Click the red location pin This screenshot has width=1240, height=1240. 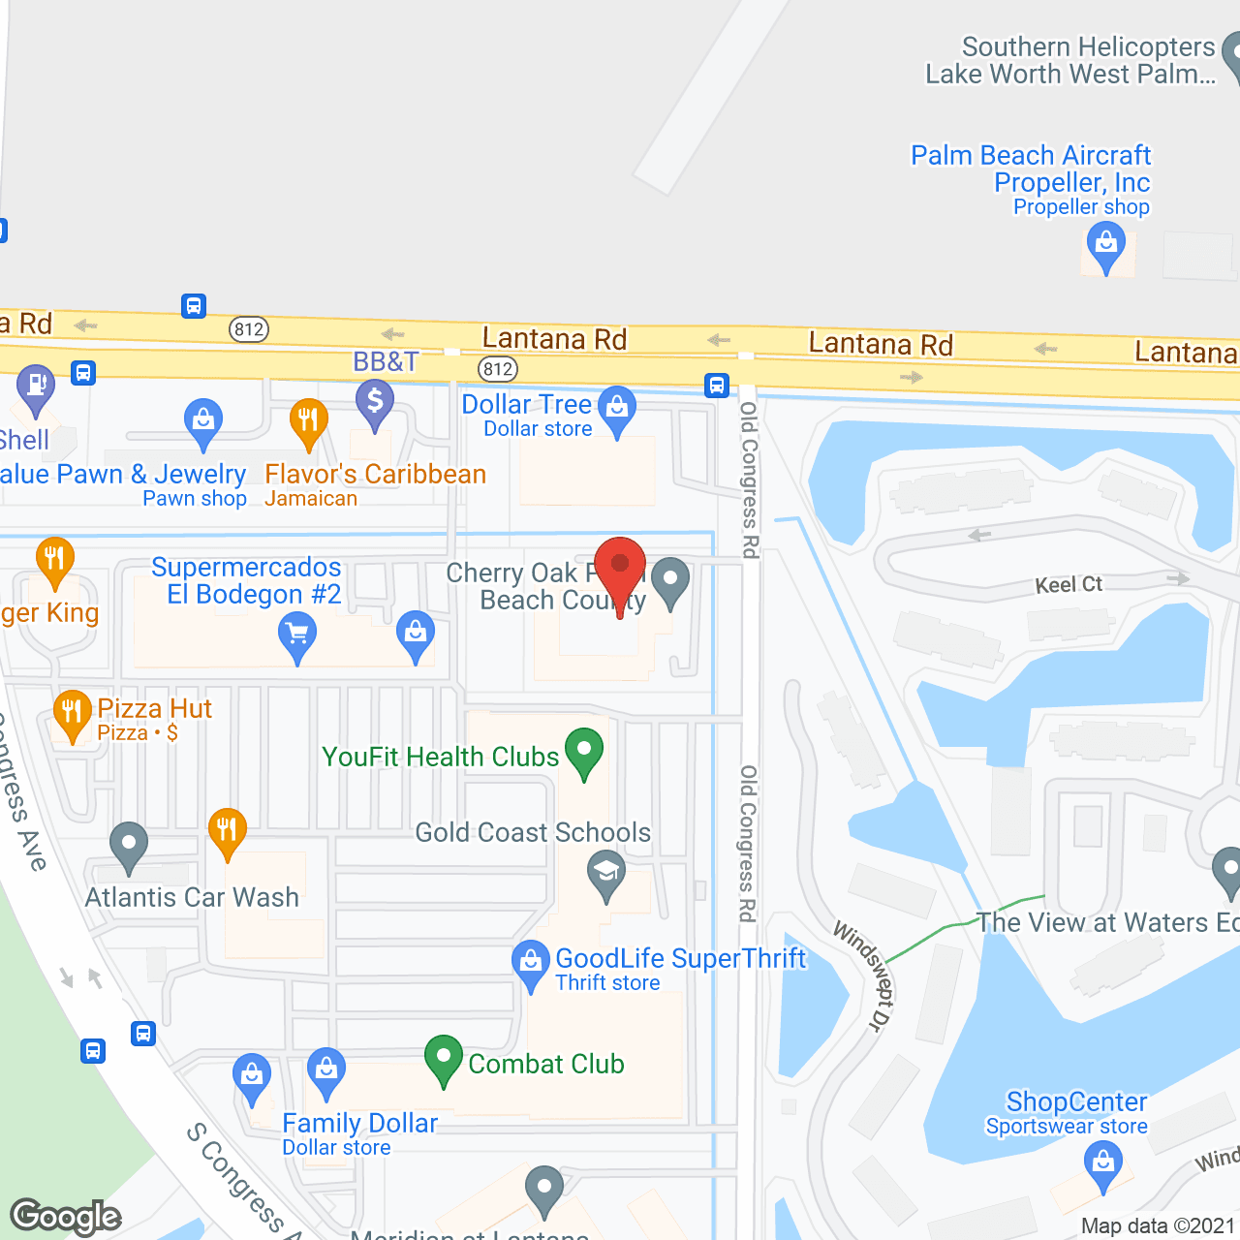coord(620,567)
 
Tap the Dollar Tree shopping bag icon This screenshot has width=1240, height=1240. coord(617,408)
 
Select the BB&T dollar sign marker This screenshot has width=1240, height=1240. coord(375,400)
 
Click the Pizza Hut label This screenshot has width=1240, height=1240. coord(154,709)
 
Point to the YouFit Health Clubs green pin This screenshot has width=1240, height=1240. coord(584,751)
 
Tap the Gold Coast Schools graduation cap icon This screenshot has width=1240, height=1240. coord(606,874)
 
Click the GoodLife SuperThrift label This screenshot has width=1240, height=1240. coord(680,959)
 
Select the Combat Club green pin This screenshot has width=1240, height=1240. coord(444,1058)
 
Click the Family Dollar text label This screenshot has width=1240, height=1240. coord(359,1124)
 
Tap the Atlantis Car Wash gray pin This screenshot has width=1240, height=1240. coord(129,845)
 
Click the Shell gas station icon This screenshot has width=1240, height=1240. coord(36,387)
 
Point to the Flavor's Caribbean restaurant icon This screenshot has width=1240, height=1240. coord(308,421)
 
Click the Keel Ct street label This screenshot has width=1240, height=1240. coord(1069,584)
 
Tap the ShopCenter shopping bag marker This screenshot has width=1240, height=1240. coord(1103,1162)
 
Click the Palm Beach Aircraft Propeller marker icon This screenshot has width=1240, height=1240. coord(1106,244)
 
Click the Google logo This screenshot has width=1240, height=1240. coord(66,1217)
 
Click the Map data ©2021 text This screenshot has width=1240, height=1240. coord(1159,1226)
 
